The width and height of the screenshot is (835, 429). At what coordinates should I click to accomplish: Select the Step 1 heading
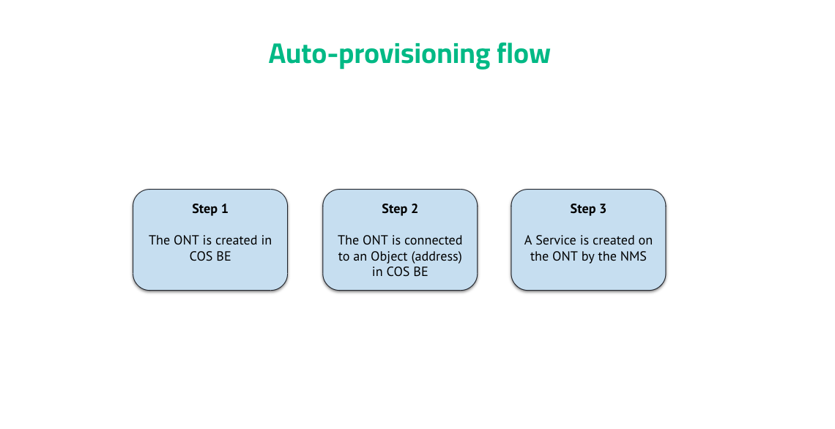point(210,209)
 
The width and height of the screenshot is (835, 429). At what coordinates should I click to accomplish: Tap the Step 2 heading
point(400,209)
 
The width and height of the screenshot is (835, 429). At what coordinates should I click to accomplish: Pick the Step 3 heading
point(588,209)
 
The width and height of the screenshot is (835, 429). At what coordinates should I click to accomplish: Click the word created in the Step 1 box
point(236,240)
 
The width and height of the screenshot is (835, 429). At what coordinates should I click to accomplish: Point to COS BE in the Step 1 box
point(210,256)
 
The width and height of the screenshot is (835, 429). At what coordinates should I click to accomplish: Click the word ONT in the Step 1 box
point(185,240)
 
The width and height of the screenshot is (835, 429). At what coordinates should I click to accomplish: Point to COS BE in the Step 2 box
point(400,272)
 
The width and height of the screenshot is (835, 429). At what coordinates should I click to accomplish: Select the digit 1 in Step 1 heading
point(225,209)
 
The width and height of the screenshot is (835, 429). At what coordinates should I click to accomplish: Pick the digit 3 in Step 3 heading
point(603,209)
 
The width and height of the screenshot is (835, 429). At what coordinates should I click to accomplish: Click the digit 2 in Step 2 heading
point(415,209)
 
